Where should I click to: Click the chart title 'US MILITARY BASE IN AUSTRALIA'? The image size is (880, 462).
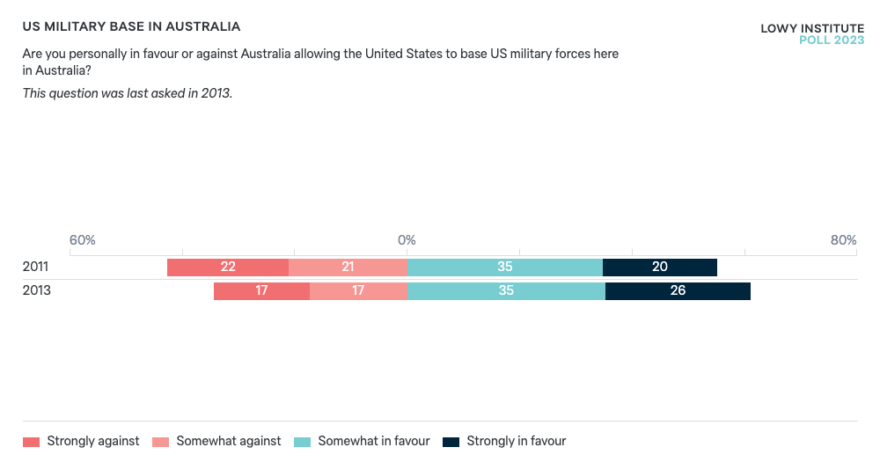[131, 27]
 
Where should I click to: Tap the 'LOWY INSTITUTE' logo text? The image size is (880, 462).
[811, 28]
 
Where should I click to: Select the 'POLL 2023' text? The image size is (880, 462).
[831, 40]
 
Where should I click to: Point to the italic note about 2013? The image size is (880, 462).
[128, 92]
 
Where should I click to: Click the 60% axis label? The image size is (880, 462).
[82, 240]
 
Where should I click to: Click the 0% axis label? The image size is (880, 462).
[407, 240]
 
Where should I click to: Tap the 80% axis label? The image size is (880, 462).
[842, 240]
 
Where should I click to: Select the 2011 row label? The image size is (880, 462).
[36, 268]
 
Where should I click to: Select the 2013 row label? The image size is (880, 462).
[36, 290]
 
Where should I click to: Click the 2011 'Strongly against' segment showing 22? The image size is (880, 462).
[228, 268]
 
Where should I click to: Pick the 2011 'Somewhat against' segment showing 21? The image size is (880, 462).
[348, 268]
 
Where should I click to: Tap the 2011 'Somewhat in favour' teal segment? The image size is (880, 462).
[505, 268]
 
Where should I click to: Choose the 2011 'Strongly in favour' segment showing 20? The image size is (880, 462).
[659, 268]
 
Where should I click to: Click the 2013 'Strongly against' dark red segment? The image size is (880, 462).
[261, 290]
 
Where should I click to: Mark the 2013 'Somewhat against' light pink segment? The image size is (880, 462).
[358, 290]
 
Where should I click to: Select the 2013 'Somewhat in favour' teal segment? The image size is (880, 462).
[506, 290]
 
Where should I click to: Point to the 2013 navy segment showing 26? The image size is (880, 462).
[678, 290]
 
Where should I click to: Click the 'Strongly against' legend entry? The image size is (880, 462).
[81, 441]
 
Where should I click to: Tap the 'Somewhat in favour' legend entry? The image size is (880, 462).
[362, 441]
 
